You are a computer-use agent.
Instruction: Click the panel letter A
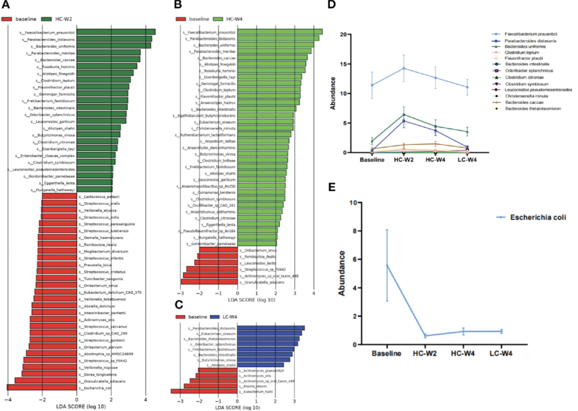point(7,7)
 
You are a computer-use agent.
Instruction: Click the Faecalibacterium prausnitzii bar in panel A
point(116,32)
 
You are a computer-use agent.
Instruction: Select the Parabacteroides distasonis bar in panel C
point(271,328)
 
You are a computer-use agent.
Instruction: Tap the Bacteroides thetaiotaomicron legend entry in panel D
point(527,109)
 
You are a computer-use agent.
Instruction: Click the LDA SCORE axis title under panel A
point(77,407)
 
